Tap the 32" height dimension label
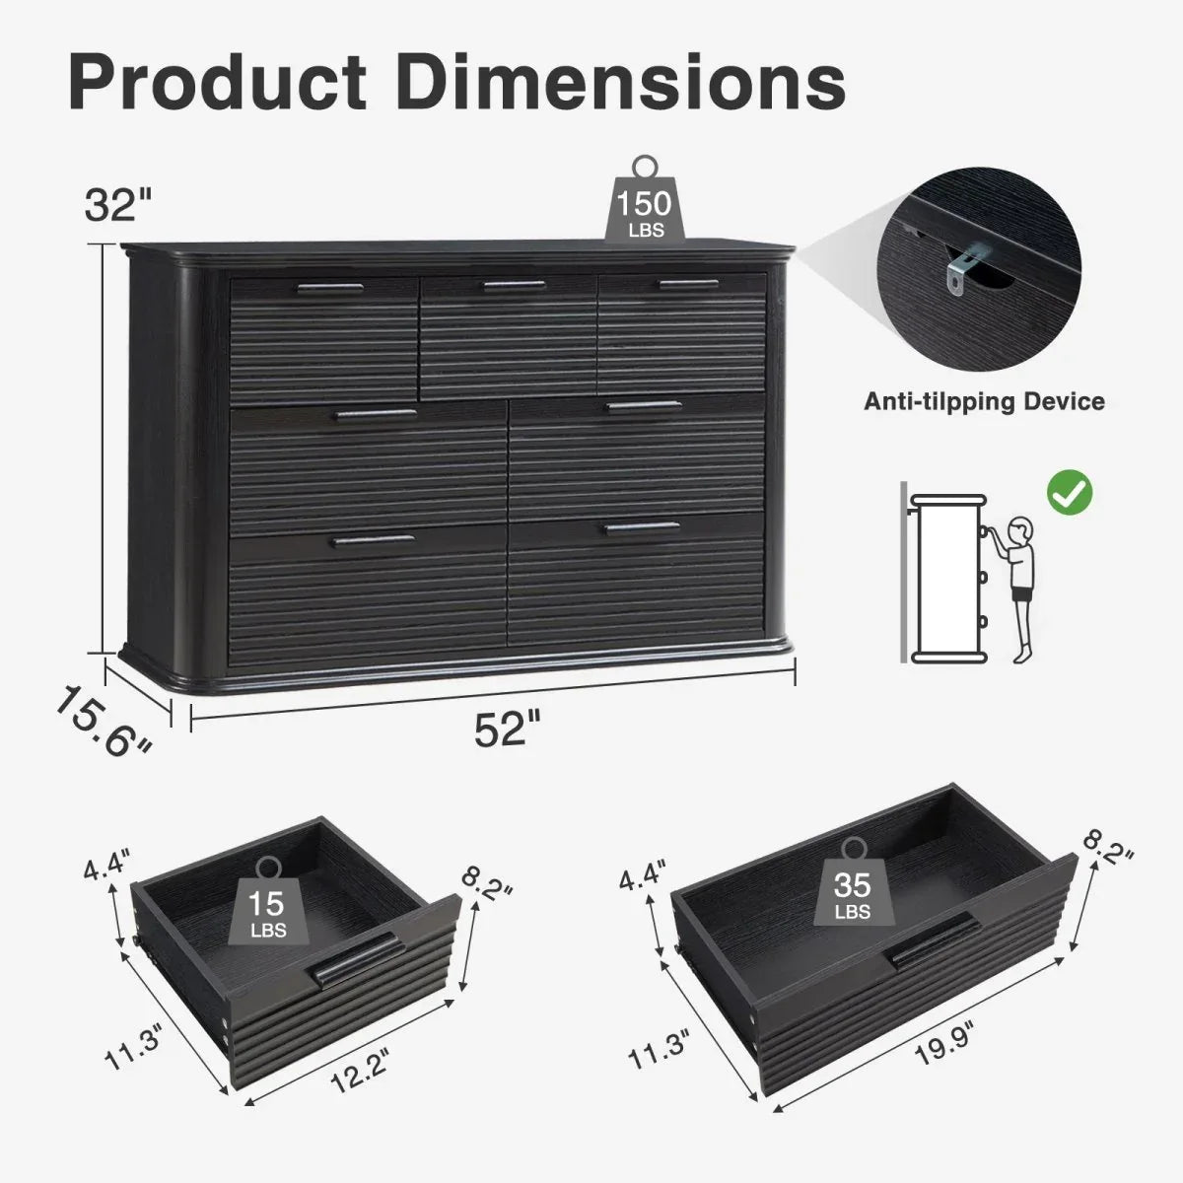[x=117, y=204]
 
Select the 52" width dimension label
[x=508, y=731]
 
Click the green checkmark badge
[x=1069, y=492]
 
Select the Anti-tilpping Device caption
[x=984, y=401]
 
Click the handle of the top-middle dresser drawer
[x=514, y=287]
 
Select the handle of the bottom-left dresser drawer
[x=374, y=540]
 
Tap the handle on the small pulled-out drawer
[x=355, y=960]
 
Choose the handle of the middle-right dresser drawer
[x=644, y=406]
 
